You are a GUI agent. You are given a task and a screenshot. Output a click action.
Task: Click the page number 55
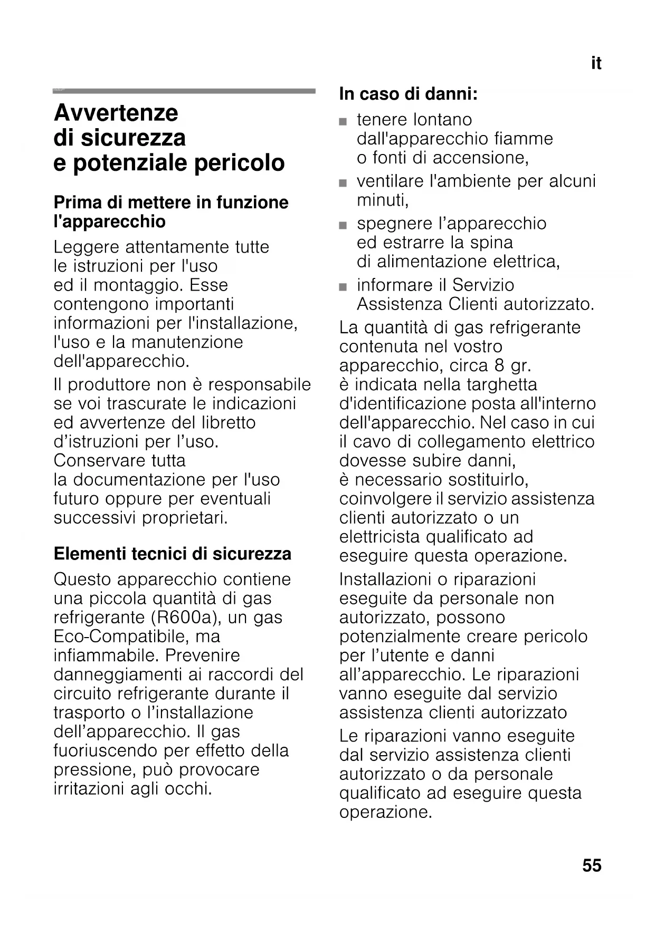[x=592, y=865]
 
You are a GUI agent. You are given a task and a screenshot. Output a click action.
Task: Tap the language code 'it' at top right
[x=596, y=64]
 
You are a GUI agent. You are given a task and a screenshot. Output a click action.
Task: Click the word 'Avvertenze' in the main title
[x=116, y=113]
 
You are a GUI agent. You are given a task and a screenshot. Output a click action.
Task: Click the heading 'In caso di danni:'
[x=409, y=94]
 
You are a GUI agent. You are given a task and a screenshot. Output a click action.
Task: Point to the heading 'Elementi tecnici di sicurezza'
[x=173, y=554]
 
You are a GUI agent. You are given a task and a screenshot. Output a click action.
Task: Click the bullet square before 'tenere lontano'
[x=344, y=122]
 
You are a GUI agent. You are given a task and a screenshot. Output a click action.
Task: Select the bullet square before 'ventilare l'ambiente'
[x=344, y=184]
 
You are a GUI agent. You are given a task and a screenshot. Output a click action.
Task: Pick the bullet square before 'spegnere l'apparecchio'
[x=344, y=226]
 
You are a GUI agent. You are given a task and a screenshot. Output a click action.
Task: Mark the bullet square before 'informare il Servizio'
[x=344, y=287]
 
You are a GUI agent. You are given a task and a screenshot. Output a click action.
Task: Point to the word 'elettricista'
[x=380, y=537]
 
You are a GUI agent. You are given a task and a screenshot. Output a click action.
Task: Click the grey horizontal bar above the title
[x=184, y=91]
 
